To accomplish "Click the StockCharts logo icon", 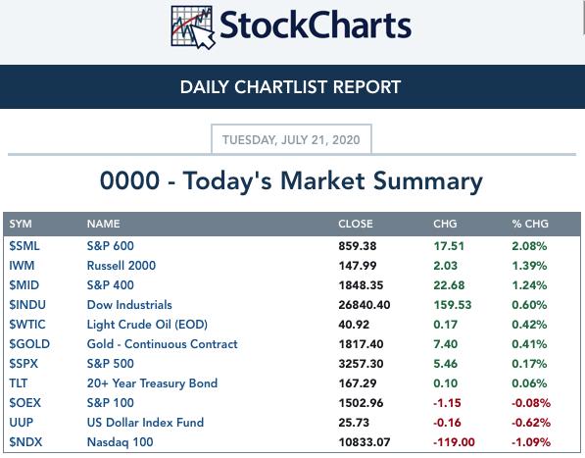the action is click(x=193, y=27).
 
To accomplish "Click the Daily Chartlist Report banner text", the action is click(x=290, y=87).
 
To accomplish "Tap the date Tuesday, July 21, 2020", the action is click(x=291, y=140).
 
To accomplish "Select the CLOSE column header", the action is click(x=355, y=224).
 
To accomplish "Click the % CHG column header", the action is click(x=530, y=224).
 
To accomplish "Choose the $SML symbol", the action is click(x=24, y=246).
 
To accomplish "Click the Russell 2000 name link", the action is click(x=122, y=266).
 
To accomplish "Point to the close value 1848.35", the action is click(x=361, y=285).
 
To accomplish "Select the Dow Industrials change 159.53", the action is click(x=452, y=305).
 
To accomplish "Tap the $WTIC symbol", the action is click(x=27, y=325).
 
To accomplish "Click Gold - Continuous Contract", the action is click(x=163, y=344).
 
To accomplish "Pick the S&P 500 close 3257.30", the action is click(x=361, y=364).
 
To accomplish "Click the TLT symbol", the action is click(x=19, y=382).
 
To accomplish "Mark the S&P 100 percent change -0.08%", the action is click(x=530, y=403).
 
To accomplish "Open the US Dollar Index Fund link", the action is click(x=145, y=422).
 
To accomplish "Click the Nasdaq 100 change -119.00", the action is click(x=454, y=442).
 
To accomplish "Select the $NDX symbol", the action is click(x=25, y=442).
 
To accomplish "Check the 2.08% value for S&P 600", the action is click(x=529, y=246).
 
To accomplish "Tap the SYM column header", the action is click(x=21, y=224).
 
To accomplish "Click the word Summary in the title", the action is click(x=428, y=181).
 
